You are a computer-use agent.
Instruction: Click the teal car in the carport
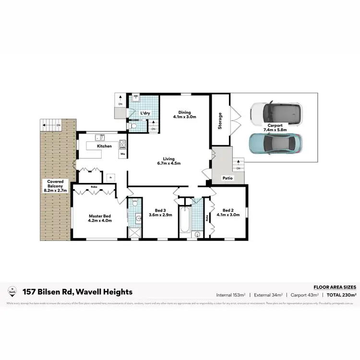pos(276,143)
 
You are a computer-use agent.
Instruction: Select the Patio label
pos(228,178)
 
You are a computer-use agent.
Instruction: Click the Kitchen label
pos(105,146)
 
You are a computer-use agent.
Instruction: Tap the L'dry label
pos(145,113)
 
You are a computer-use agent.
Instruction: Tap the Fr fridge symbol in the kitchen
pos(111,177)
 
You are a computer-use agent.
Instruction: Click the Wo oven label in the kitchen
pos(122,154)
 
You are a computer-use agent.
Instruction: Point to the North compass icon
pos(12,291)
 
